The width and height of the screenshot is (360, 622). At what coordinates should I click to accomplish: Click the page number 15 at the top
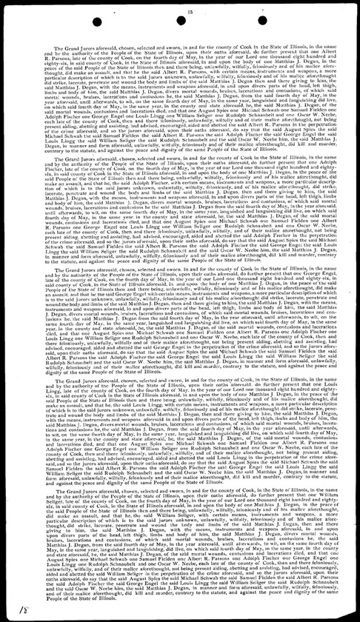tap(190, 10)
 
